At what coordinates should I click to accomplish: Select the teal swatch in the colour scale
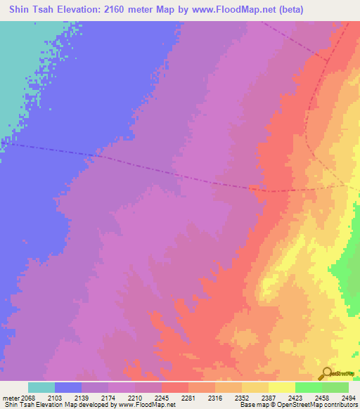click(41, 387)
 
